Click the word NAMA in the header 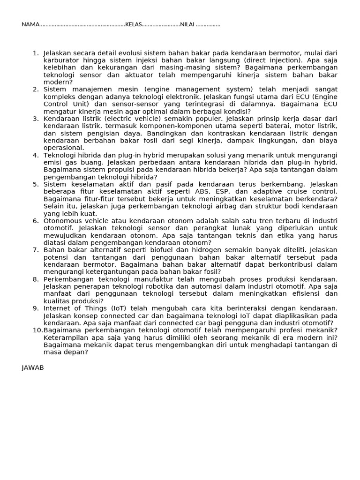29,24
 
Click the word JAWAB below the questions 32,367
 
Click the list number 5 36,184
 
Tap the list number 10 37,330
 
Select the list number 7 36,249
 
